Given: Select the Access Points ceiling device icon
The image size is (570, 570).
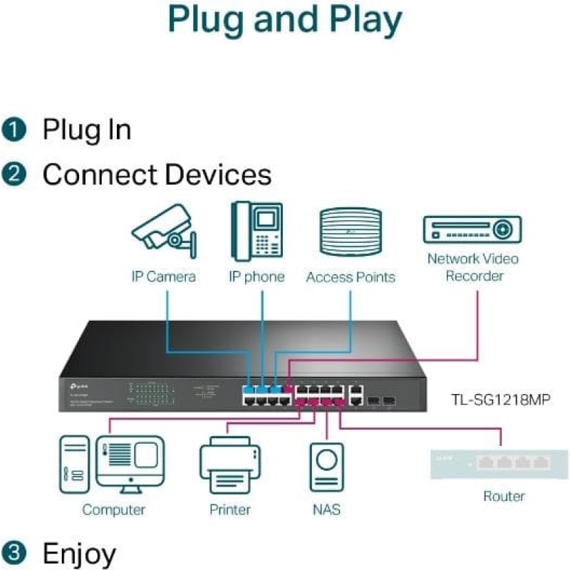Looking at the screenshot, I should click(x=350, y=232).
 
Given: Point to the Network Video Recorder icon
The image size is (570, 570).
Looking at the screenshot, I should click(x=472, y=229).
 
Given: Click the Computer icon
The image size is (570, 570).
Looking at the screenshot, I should click(x=112, y=464).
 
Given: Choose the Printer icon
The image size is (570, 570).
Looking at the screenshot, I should click(x=229, y=467).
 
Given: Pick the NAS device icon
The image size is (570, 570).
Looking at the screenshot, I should click(x=326, y=467).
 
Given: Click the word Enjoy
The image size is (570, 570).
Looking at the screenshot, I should click(x=79, y=553).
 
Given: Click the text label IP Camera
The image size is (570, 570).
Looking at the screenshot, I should click(x=163, y=276).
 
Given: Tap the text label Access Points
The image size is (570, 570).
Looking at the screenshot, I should click(x=350, y=277).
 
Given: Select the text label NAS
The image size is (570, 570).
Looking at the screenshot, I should click(x=326, y=509).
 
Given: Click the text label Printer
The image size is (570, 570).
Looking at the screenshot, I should click(x=229, y=509).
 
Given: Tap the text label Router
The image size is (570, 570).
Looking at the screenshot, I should click(x=504, y=496).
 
